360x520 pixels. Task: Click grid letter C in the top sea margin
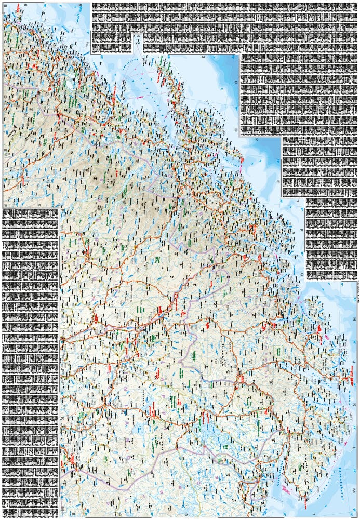coord(235,82)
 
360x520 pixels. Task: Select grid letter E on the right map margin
coord(278,182)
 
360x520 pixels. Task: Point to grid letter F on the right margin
coord(302,229)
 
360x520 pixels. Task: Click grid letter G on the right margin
coord(302,273)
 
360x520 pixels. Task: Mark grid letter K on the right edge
coord(356,405)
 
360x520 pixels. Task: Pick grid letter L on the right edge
coord(356,448)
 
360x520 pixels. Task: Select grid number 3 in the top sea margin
coord(203,57)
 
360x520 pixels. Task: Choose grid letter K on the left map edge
coord(62,418)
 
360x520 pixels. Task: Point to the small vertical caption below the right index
coord(358,291)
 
